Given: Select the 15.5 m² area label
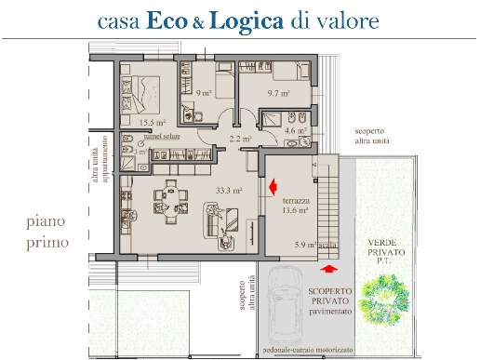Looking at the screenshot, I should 153,122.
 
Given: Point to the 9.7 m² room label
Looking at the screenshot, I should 279,94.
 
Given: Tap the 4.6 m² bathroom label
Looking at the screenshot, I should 296,131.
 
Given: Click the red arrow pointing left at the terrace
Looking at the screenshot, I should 273,189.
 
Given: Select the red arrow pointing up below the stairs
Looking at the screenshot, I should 327,268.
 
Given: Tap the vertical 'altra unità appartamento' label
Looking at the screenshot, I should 100,165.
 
